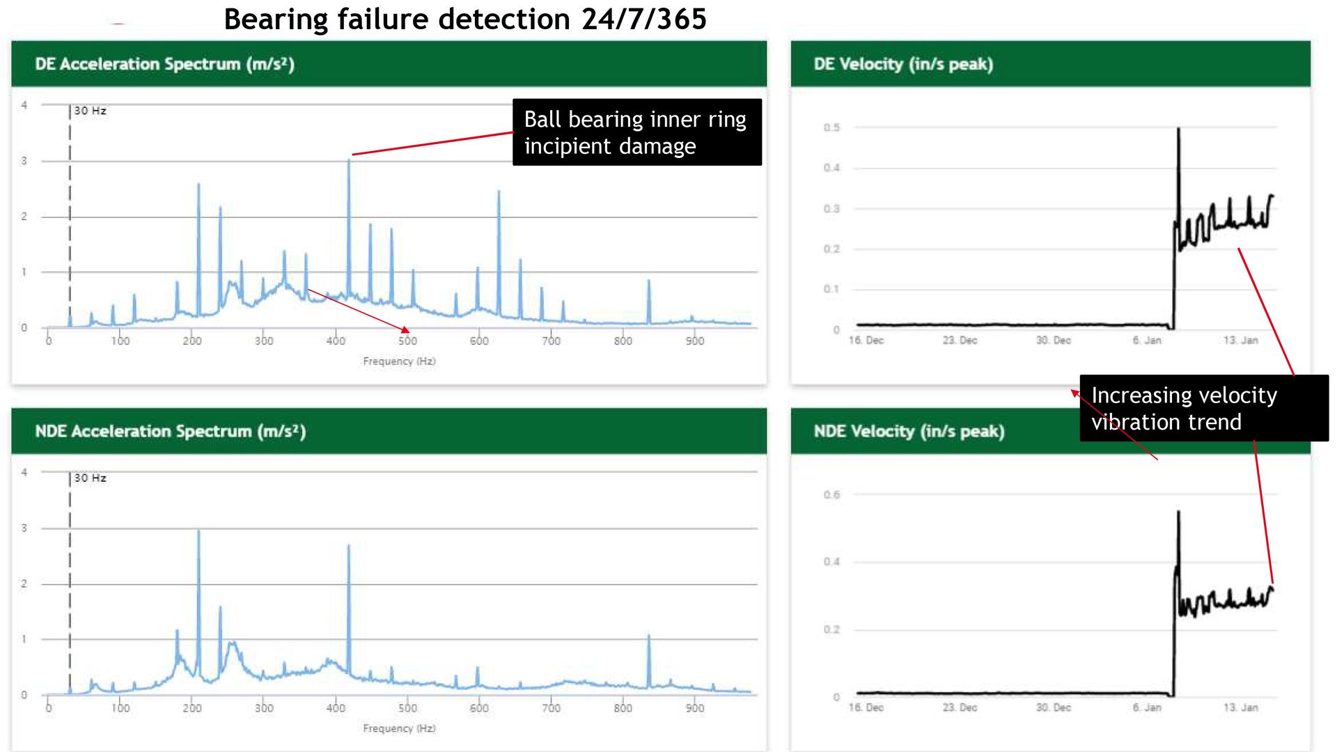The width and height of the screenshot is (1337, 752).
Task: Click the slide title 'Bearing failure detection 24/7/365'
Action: coord(464,19)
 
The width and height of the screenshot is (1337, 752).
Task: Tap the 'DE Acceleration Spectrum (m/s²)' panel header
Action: coord(164,64)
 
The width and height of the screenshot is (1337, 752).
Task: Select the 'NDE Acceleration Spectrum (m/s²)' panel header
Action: coord(170,431)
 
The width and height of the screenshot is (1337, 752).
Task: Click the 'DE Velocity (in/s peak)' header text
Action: coord(903,64)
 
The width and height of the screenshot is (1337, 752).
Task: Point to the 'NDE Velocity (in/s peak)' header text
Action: coord(909,431)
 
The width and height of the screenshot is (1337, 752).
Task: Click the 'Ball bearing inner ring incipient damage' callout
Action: coord(636,132)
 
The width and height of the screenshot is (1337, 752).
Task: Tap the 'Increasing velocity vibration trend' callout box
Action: coord(1203,408)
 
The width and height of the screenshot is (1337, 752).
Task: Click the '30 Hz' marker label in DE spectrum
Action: coord(91,111)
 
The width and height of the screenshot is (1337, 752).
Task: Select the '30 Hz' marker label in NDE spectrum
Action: coord(91,478)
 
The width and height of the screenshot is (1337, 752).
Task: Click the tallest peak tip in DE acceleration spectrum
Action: coord(349,161)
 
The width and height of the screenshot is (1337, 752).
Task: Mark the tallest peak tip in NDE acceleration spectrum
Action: coord(198,531)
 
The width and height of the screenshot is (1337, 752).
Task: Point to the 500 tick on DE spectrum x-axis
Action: coord(407,340)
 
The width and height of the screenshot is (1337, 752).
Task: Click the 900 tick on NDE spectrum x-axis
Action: coord(695,707)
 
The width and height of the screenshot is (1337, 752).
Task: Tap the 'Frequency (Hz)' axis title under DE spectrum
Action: coord(399,361)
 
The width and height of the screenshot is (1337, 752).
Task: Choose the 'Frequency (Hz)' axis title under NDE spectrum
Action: coord(399,728)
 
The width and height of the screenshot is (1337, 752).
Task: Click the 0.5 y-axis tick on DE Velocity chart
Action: coord(831,127)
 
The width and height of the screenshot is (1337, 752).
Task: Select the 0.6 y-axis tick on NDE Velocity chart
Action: coord(831,494)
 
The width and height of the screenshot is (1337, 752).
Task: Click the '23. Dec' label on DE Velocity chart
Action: coord(960,340)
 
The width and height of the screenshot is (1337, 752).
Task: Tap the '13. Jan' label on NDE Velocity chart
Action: coord(1240,707)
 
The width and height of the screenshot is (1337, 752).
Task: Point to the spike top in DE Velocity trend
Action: coord(1178,129)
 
